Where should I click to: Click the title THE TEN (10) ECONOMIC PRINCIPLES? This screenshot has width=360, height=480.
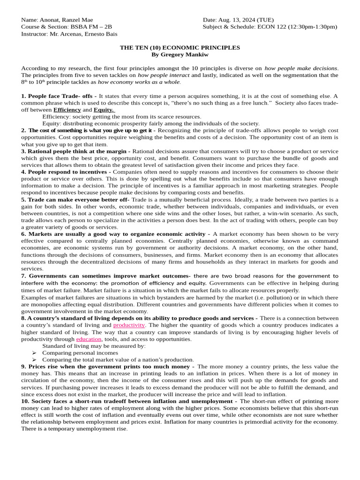tap(180, 48)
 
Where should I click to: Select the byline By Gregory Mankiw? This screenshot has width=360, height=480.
tap(180, 55)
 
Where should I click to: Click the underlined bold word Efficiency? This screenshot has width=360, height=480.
tap(67, 110)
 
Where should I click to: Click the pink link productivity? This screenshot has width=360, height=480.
tap(129, 325)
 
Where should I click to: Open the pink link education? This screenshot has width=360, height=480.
tap(89, 339)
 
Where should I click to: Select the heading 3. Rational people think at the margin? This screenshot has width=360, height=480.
tap(76, 151)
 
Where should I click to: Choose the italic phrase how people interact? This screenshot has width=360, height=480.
tap(164, 75)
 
